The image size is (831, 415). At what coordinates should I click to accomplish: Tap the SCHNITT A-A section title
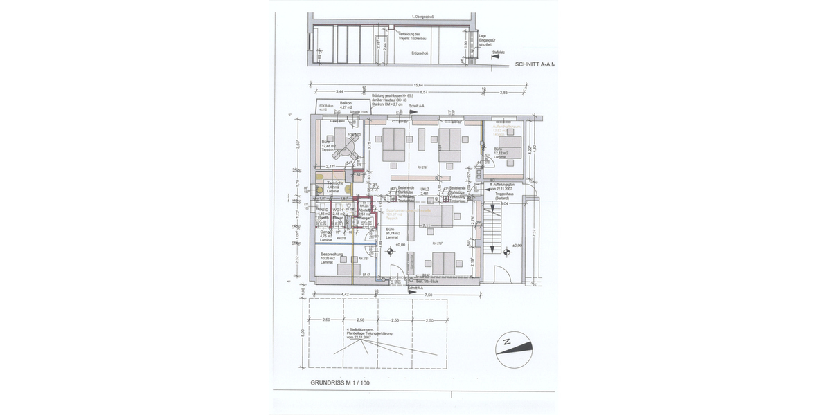pyautogui.click(x=535, y=64)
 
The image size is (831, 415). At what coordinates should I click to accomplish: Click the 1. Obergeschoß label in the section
pyautogui.click(x=422, y=16)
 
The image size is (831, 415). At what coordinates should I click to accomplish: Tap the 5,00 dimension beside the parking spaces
pyautogui.click(x=303, y=332)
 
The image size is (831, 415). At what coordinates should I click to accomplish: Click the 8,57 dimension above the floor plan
pyautogui.click(x=425, y=92)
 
